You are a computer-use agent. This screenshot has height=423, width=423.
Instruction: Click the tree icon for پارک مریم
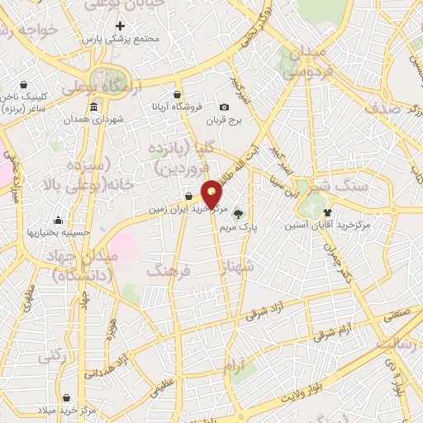[239, 212]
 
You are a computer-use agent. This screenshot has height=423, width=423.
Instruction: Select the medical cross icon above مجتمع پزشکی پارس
[121, 26]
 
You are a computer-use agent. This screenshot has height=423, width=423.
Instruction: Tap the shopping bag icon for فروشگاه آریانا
[177, 94]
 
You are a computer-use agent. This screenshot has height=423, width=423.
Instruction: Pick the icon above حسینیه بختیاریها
[59, 220]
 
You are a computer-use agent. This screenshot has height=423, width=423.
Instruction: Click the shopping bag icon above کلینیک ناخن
[25, 83]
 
